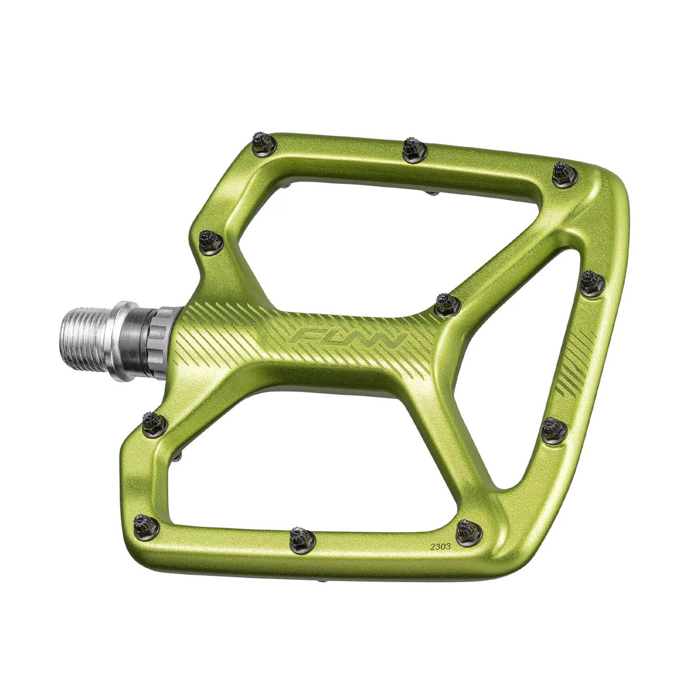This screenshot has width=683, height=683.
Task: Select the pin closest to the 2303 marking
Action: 469,533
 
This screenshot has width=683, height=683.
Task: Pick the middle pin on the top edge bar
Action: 414,149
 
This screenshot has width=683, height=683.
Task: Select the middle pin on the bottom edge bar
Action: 302,537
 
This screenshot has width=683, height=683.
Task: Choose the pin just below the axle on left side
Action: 154,425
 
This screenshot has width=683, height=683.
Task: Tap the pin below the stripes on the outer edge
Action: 554,430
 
